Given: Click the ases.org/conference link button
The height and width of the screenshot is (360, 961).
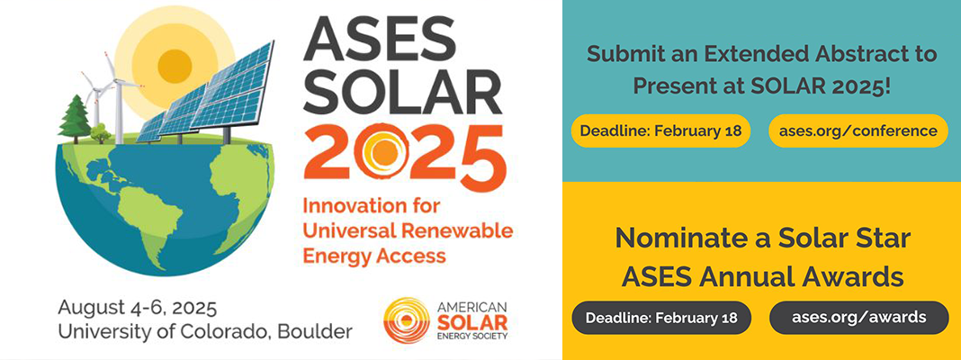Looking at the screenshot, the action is click(x=858, y=130).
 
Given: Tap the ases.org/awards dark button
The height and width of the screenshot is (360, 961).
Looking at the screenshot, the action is click(x=858, y=318).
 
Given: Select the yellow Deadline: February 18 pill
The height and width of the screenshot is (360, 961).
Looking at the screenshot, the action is click(x=660, y=130).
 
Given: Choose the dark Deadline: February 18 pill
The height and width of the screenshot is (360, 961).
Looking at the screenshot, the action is click(x=660, y=318).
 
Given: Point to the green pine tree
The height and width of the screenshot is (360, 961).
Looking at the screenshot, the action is click(x=74, y=118).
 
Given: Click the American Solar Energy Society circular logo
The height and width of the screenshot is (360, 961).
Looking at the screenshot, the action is click(x=407, y=319).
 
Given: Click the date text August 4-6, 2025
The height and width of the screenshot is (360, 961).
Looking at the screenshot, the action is click(x=137, y=307).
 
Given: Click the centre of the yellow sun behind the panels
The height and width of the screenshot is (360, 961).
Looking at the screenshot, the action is click(x=175, y=62).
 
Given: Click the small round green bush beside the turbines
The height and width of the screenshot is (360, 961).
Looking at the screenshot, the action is click(x=101, y=132).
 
